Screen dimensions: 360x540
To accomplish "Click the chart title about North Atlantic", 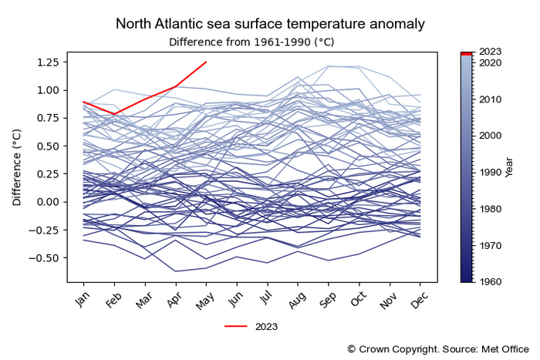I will point(269,24).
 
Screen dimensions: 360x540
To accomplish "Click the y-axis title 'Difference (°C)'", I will point(17,168).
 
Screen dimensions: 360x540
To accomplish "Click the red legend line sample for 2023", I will point(236,326).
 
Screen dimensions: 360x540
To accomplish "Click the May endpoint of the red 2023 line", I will point(205,62).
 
